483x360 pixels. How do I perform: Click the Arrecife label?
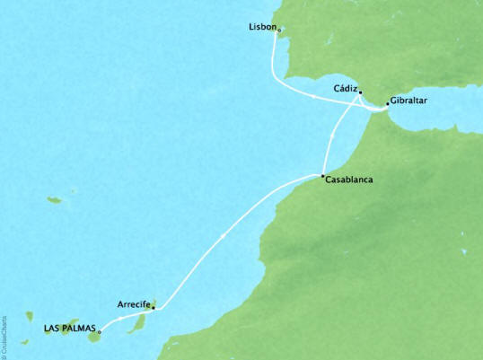(x=133, y=304)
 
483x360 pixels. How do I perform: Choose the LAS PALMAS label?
(x=68, y=328)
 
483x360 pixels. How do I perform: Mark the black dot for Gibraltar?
(x=387, y=104)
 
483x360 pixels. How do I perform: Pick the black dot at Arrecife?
(x=153, y=308)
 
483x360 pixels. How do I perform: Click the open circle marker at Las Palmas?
(x=99, y=331)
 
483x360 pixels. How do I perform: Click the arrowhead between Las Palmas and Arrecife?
(x=120, y=318)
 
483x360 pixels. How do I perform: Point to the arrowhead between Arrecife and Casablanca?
(x=220, y=235)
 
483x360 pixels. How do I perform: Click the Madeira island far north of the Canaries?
(x=55, y=199)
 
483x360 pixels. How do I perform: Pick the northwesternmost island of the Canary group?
(x=30, y=316)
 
